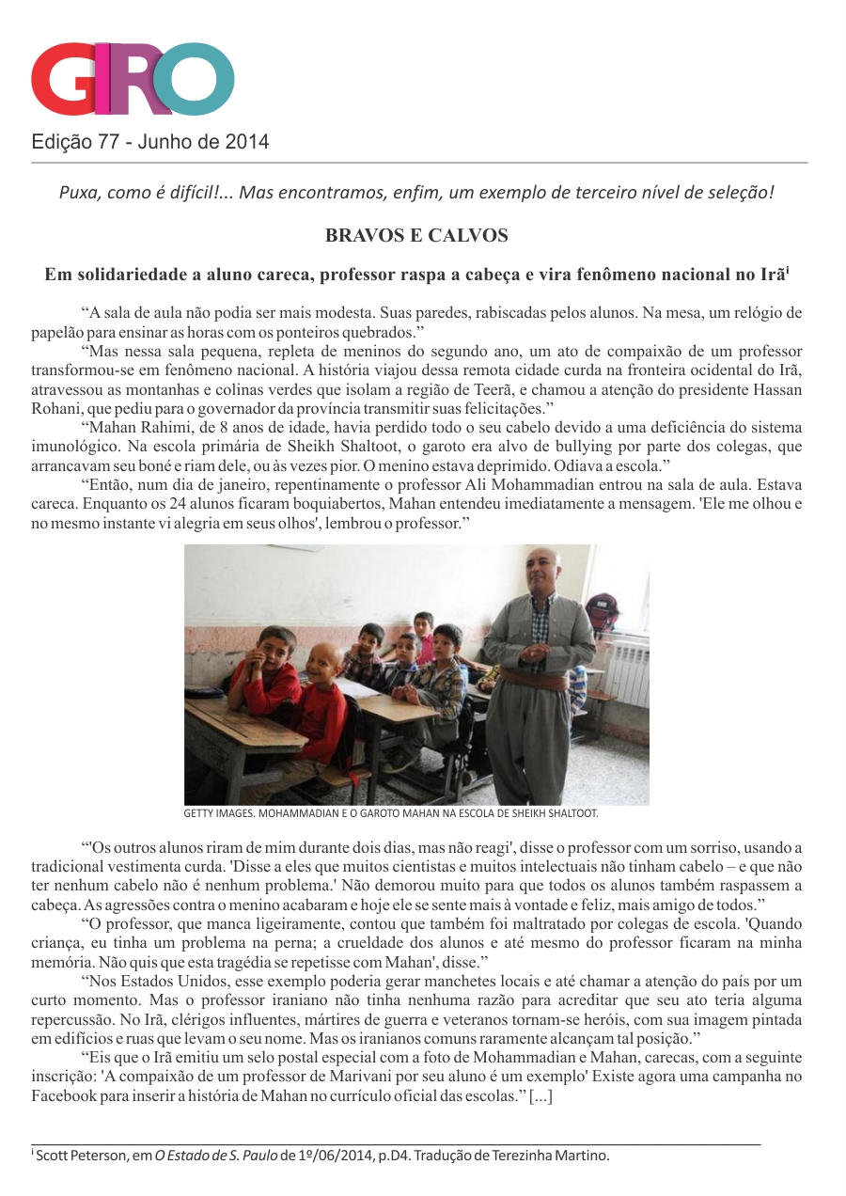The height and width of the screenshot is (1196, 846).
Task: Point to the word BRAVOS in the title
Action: [362, 235]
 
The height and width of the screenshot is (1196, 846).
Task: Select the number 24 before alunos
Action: [179, 504]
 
